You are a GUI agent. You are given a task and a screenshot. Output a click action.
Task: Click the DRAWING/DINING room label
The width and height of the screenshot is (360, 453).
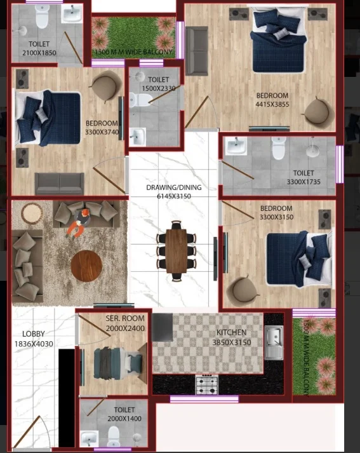point(174,187)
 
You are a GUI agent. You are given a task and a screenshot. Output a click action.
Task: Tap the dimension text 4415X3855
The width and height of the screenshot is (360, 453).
point(272,104)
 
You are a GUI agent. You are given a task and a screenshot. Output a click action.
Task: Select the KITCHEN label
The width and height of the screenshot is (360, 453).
point(232,332)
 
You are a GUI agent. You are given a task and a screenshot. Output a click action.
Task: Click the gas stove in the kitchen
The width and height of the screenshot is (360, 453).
point(207,385)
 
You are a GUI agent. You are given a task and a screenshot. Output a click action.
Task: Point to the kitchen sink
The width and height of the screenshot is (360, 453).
point(274,342)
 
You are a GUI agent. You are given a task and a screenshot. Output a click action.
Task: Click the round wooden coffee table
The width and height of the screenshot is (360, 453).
point(86,266)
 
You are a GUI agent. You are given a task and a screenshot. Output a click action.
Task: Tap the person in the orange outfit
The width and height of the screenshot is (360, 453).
point(77,223)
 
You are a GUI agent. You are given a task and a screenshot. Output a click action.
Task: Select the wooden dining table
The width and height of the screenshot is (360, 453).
point(176,251)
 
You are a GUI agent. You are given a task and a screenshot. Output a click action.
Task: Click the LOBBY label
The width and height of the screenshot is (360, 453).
point(34,334)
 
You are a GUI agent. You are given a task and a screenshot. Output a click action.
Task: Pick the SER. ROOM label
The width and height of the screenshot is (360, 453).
point(125,318)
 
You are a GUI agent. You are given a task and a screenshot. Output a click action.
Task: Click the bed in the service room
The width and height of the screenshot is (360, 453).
point(119,363)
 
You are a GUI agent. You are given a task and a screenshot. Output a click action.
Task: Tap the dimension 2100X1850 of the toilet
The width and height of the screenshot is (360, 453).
point(39,53)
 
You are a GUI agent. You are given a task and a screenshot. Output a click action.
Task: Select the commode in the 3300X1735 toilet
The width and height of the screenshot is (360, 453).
point(279,147)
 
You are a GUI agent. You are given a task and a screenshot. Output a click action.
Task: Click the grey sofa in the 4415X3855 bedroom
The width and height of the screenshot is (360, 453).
point(197,51)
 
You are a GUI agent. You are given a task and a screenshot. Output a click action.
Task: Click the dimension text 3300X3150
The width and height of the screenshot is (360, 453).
point(276,217)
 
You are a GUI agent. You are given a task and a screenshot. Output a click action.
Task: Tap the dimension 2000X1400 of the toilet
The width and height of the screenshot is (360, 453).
point(124,419)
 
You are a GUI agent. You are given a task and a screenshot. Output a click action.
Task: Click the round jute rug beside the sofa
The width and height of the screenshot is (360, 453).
point(32,213)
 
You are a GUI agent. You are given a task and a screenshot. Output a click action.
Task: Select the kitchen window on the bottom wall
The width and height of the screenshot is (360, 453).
point(204,399)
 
